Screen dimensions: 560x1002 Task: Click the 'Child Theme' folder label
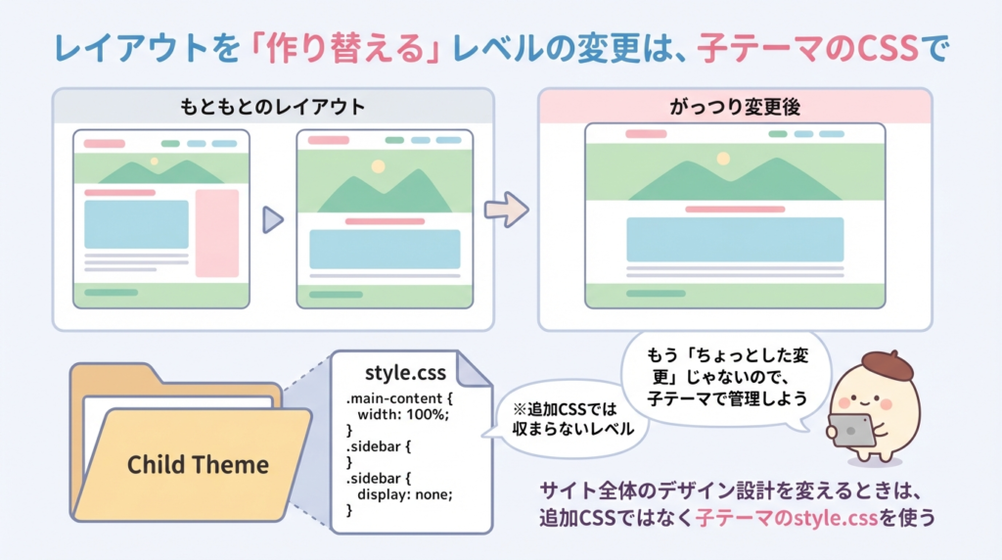click(x=198, y=463)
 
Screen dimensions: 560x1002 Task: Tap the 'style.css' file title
click(x=404, y=373)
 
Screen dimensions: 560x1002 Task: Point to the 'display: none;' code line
click(x=404, y=493)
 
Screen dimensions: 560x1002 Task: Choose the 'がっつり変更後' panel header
click(x=735, y=105)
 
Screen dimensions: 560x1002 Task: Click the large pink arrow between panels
click(x=506, y=209)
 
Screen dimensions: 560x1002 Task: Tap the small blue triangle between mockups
click(x=272, y=220)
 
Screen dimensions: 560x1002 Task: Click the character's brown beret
click(x=887, y=366)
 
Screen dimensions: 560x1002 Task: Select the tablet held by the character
click(x=852, y=429)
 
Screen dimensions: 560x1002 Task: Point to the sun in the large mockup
click(x=723, y=159)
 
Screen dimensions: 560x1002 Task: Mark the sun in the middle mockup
click(x=378, y=166)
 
